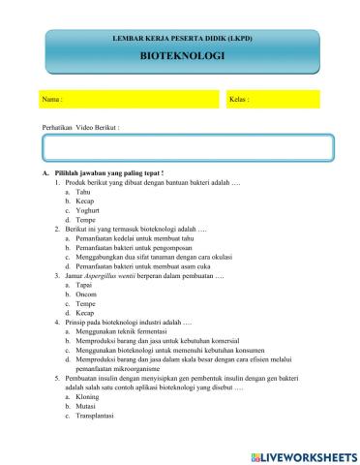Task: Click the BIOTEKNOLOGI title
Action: click(182, 56)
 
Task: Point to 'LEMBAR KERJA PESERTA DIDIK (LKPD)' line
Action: click(182, 36)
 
